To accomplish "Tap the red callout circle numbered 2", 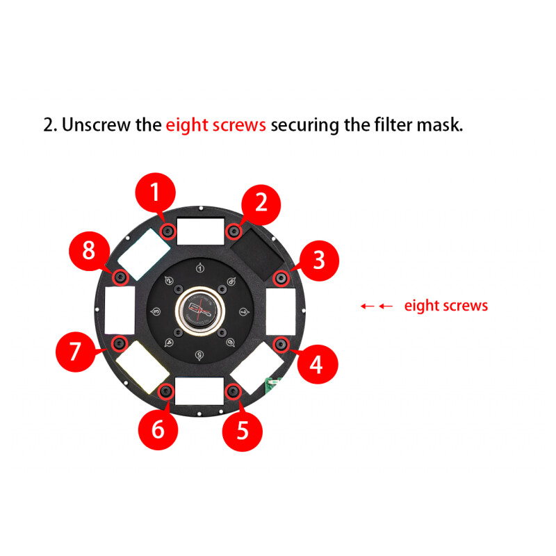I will click(261, 203).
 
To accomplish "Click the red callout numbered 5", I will click(242, 430).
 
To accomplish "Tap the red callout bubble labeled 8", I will click(89, 250).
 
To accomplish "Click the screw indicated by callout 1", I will click(167, 231).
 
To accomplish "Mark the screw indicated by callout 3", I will click(281, 278).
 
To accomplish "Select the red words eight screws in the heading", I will click(215, 125).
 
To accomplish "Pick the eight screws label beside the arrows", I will click(445, 305).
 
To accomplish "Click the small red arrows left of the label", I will click(377, 306).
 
